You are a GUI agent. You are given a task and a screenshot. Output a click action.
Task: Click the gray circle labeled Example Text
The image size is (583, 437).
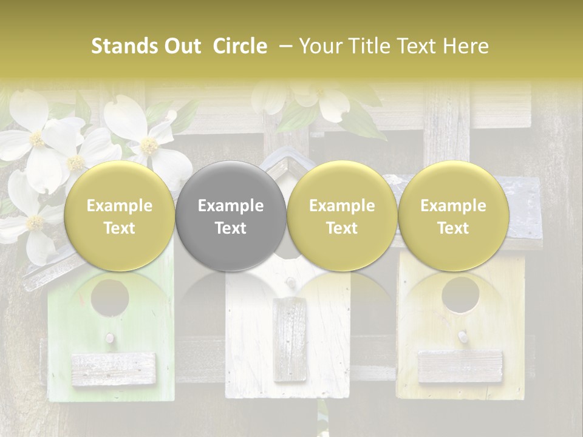tap(230, 216)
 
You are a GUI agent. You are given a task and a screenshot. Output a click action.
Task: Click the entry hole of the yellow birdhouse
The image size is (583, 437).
tap(460, 295)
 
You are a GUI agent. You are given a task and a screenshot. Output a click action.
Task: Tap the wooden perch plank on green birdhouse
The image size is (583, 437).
tap(114, 369)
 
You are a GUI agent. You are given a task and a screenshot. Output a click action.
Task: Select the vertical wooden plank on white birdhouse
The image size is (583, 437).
tap(290, 340)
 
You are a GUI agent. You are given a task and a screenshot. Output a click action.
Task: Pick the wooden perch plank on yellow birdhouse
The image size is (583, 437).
tap(461, 367)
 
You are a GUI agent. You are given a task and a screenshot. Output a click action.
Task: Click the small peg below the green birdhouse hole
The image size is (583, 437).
tap(110, 337)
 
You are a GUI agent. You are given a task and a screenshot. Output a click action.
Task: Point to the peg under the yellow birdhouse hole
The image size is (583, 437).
tap(462, 335)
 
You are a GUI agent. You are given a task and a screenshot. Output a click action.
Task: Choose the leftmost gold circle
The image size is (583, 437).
tap(119, 216)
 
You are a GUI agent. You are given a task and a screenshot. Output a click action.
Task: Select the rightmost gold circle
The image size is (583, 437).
tap(453, 216)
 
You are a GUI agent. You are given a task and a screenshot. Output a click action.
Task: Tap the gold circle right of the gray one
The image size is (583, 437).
tap(342, 216)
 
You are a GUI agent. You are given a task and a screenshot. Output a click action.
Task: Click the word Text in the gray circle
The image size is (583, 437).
tap(230, 228)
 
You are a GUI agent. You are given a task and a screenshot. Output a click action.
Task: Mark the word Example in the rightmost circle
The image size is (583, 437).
tap(453, 206)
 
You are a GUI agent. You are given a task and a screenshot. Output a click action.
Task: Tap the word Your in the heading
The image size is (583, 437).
tap(319, 46)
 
